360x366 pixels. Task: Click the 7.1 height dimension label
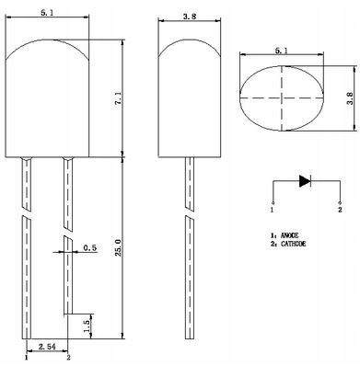click(119, 99)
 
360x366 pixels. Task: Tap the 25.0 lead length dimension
click(119, 246)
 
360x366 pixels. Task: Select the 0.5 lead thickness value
click(90, 247)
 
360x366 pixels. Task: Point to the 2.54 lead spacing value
click(47, 347)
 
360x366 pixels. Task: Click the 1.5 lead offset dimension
click(87, 326)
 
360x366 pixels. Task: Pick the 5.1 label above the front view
click(48, 13)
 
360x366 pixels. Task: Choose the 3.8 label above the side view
click(189, 17)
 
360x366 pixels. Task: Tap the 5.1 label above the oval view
click(281, 51)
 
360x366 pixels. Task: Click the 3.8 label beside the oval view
click(350, 98)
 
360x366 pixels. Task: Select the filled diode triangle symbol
click(305, 181)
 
